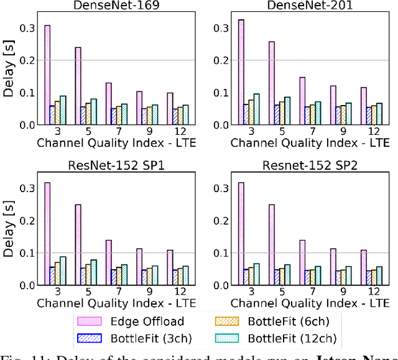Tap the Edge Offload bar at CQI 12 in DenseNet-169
tap(170, 109)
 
